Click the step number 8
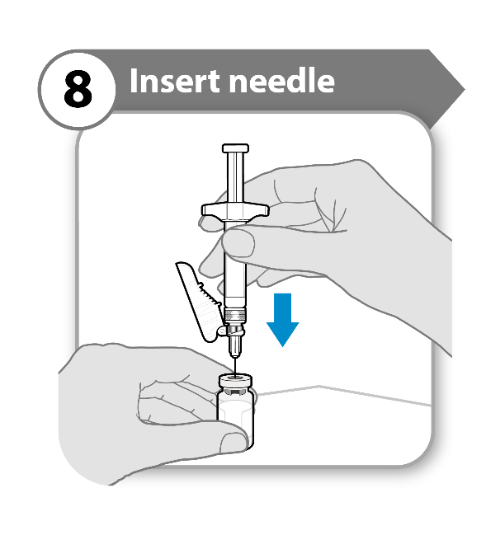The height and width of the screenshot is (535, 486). (78, 89)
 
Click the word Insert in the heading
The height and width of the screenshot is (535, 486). (174, 81)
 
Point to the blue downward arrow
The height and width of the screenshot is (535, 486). (283, 320)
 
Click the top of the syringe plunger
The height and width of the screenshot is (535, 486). (236, 148)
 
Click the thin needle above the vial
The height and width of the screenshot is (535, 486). (235, 365)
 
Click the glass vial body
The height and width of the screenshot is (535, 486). (236, 420)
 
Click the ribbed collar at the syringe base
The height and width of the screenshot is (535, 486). (235, 314)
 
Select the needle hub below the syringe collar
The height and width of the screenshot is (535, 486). (235, 344)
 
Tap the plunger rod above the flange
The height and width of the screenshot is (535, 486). (235, 178)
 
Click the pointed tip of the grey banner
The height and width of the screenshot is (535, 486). (465, 90)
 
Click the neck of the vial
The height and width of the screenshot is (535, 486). (236, 391)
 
